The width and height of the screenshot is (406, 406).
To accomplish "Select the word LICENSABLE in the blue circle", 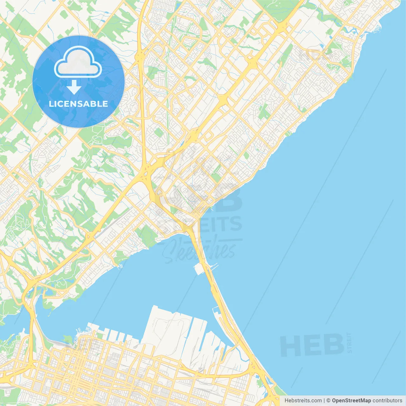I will (78, 104).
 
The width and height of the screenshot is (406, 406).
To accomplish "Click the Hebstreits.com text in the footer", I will (303, 401).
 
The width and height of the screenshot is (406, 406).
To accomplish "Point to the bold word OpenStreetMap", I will (351, 401).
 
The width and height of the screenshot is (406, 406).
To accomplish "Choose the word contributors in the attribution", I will (387, 401).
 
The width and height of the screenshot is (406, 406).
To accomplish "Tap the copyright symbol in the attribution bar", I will (328, 401).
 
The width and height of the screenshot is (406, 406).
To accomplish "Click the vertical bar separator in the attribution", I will (324, 401).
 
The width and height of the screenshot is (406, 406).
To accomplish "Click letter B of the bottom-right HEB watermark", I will (333, 345).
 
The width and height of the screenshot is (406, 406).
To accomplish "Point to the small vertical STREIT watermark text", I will (350, 343).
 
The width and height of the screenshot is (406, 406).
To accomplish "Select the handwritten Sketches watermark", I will (200, 251).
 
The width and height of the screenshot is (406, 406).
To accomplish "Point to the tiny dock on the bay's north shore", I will (120, 267).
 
